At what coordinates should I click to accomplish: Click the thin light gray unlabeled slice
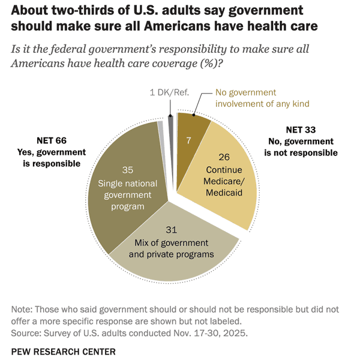tap(160, 127)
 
